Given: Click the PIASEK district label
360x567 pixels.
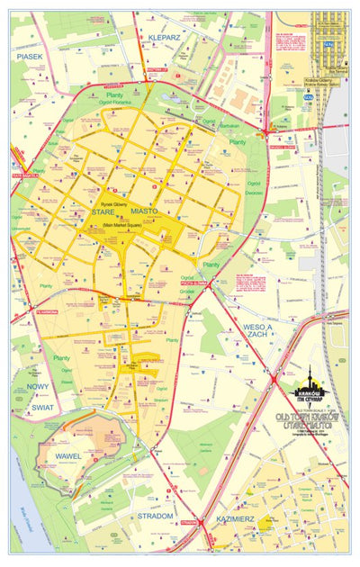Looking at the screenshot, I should coord(29,56).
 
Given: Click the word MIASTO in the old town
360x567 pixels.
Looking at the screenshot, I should coord(144,211).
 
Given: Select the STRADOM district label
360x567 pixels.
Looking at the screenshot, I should coord(156,516).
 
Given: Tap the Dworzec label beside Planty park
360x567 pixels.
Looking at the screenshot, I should coord(255,192).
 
